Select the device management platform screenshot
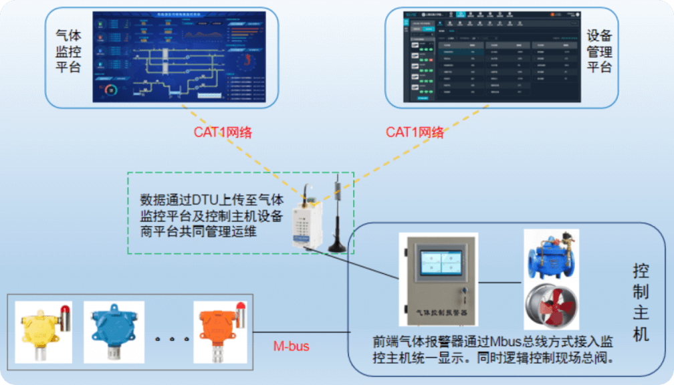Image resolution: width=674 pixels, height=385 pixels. (x=491, y=56)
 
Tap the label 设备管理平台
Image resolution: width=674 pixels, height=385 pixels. (x=599, y=51)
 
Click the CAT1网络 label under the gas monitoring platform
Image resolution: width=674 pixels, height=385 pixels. (x=223, y=132)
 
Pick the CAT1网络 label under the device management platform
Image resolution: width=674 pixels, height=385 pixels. (x=415, y=132)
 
